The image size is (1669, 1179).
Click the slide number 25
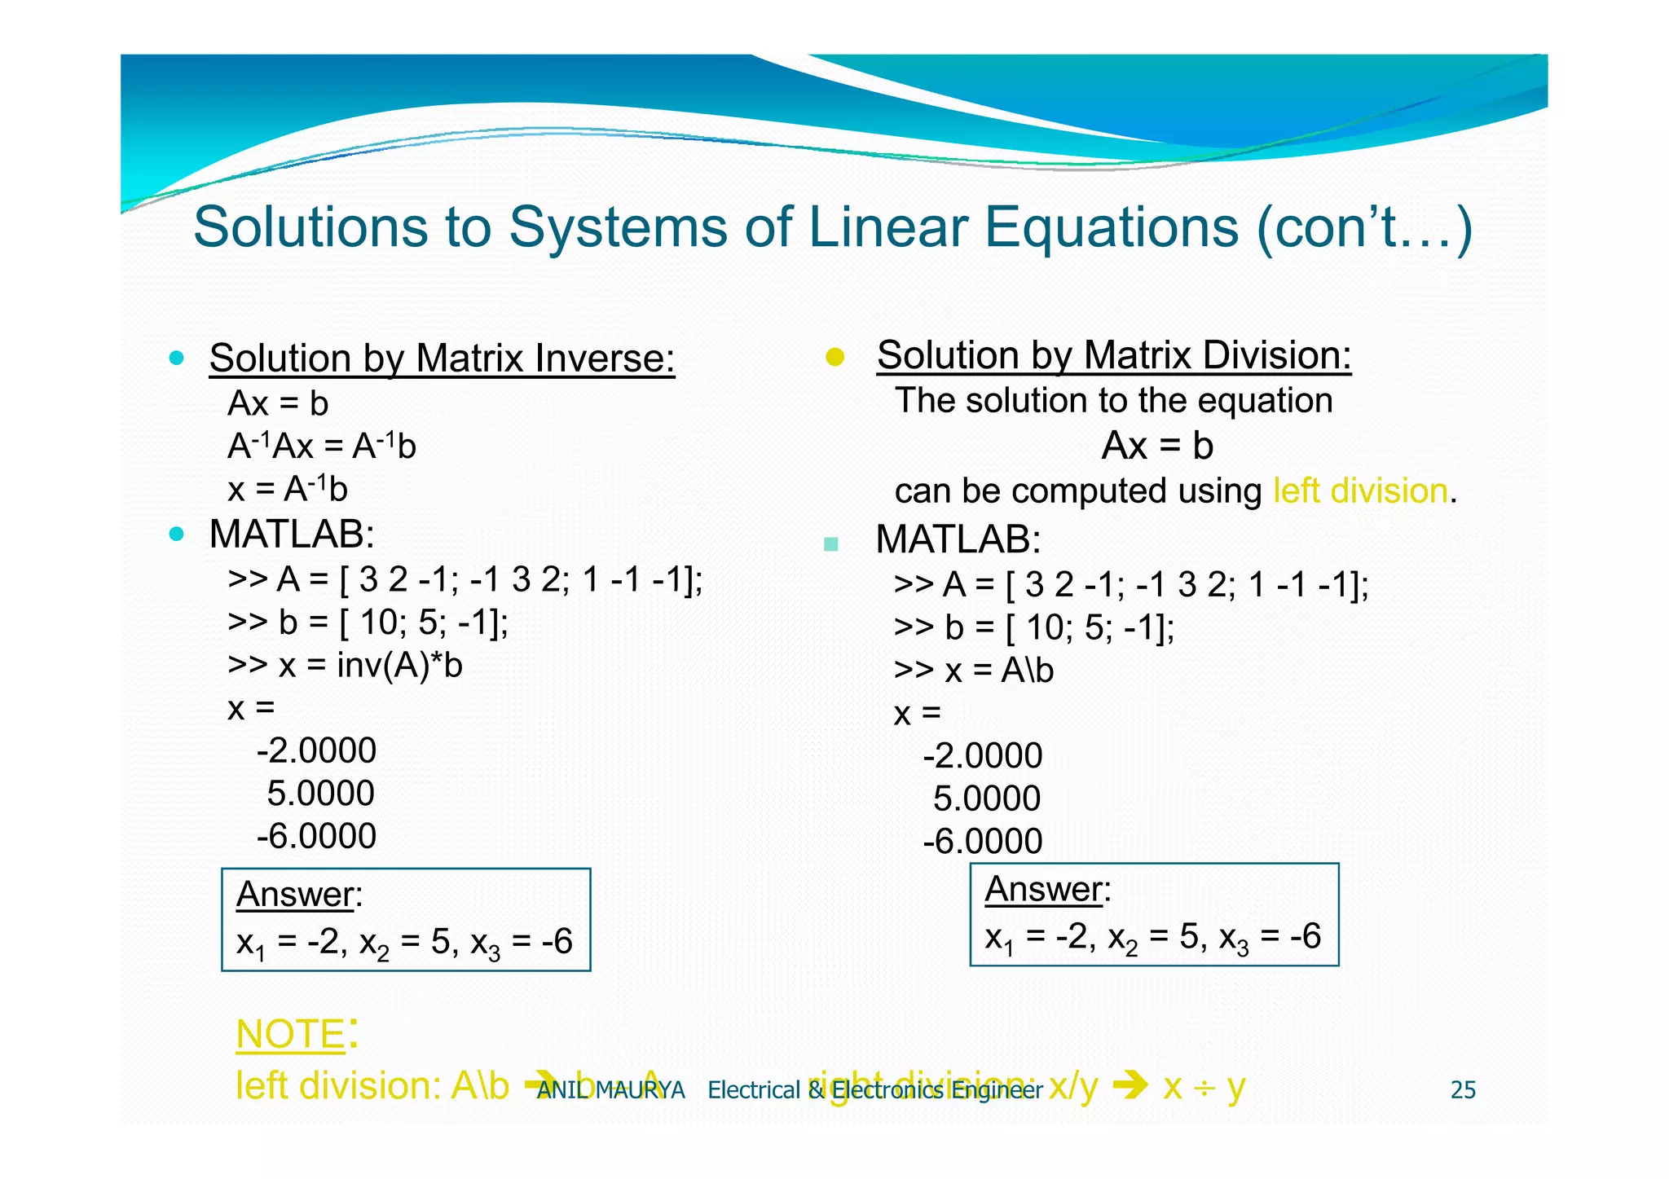click(1463, 1089)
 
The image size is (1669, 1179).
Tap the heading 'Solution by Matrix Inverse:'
click(442, 359)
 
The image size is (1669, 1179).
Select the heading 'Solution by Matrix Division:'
click(1113, 356)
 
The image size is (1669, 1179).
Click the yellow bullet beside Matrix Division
click(834, 357)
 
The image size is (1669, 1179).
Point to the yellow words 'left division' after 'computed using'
click(1360, 491)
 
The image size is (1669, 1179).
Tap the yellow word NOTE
click(291, 1035)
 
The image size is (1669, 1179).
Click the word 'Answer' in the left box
click(295, 895)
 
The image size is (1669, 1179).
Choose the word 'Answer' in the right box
click(1044, 889)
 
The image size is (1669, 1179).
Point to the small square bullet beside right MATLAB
click(830, 543)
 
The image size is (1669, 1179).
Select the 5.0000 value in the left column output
click(320, 794)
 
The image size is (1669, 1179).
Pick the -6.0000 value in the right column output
click(982, 841)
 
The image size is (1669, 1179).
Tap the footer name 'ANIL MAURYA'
click(611, 1089)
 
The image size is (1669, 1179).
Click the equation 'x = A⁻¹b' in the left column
click(288, 490)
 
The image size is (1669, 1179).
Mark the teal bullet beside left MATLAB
click(176, 535)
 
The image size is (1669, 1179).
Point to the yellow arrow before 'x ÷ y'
click(1130, 1085)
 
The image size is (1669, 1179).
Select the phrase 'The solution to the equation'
click(1113, 401)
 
